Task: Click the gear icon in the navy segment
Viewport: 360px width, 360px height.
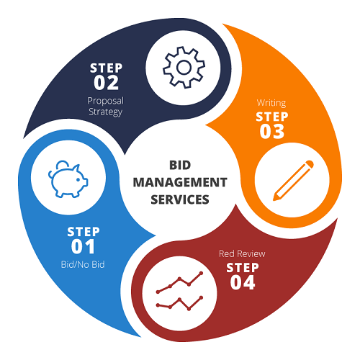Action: point(184,68)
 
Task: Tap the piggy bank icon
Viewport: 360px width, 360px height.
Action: point(68,179)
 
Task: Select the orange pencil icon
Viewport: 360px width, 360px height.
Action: point(293,181)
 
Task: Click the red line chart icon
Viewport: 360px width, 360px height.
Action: point(179,291)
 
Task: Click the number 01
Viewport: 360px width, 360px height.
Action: point(83,246)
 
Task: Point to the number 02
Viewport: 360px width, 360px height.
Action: point(106,83)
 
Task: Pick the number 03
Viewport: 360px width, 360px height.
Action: point(272,131)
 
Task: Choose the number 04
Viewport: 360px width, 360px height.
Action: point(243,282)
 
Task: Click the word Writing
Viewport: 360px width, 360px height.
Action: point(271,103)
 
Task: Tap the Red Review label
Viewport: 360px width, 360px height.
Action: point(242,253)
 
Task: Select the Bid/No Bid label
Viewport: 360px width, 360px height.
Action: point(83,264)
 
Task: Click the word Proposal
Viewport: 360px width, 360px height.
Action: point(106,101)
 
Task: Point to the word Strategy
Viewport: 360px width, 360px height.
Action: point(106,112)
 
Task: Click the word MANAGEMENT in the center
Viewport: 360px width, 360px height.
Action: point(180,182)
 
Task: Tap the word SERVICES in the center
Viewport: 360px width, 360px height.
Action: point(180,199)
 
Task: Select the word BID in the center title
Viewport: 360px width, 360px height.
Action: point(180,165)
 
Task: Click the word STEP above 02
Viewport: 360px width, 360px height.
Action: point(106,68)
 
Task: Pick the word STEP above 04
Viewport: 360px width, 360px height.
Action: point(243,268)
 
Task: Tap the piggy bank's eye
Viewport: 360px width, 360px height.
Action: point(78,179)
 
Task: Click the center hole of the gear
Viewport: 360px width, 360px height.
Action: point(184,68)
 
